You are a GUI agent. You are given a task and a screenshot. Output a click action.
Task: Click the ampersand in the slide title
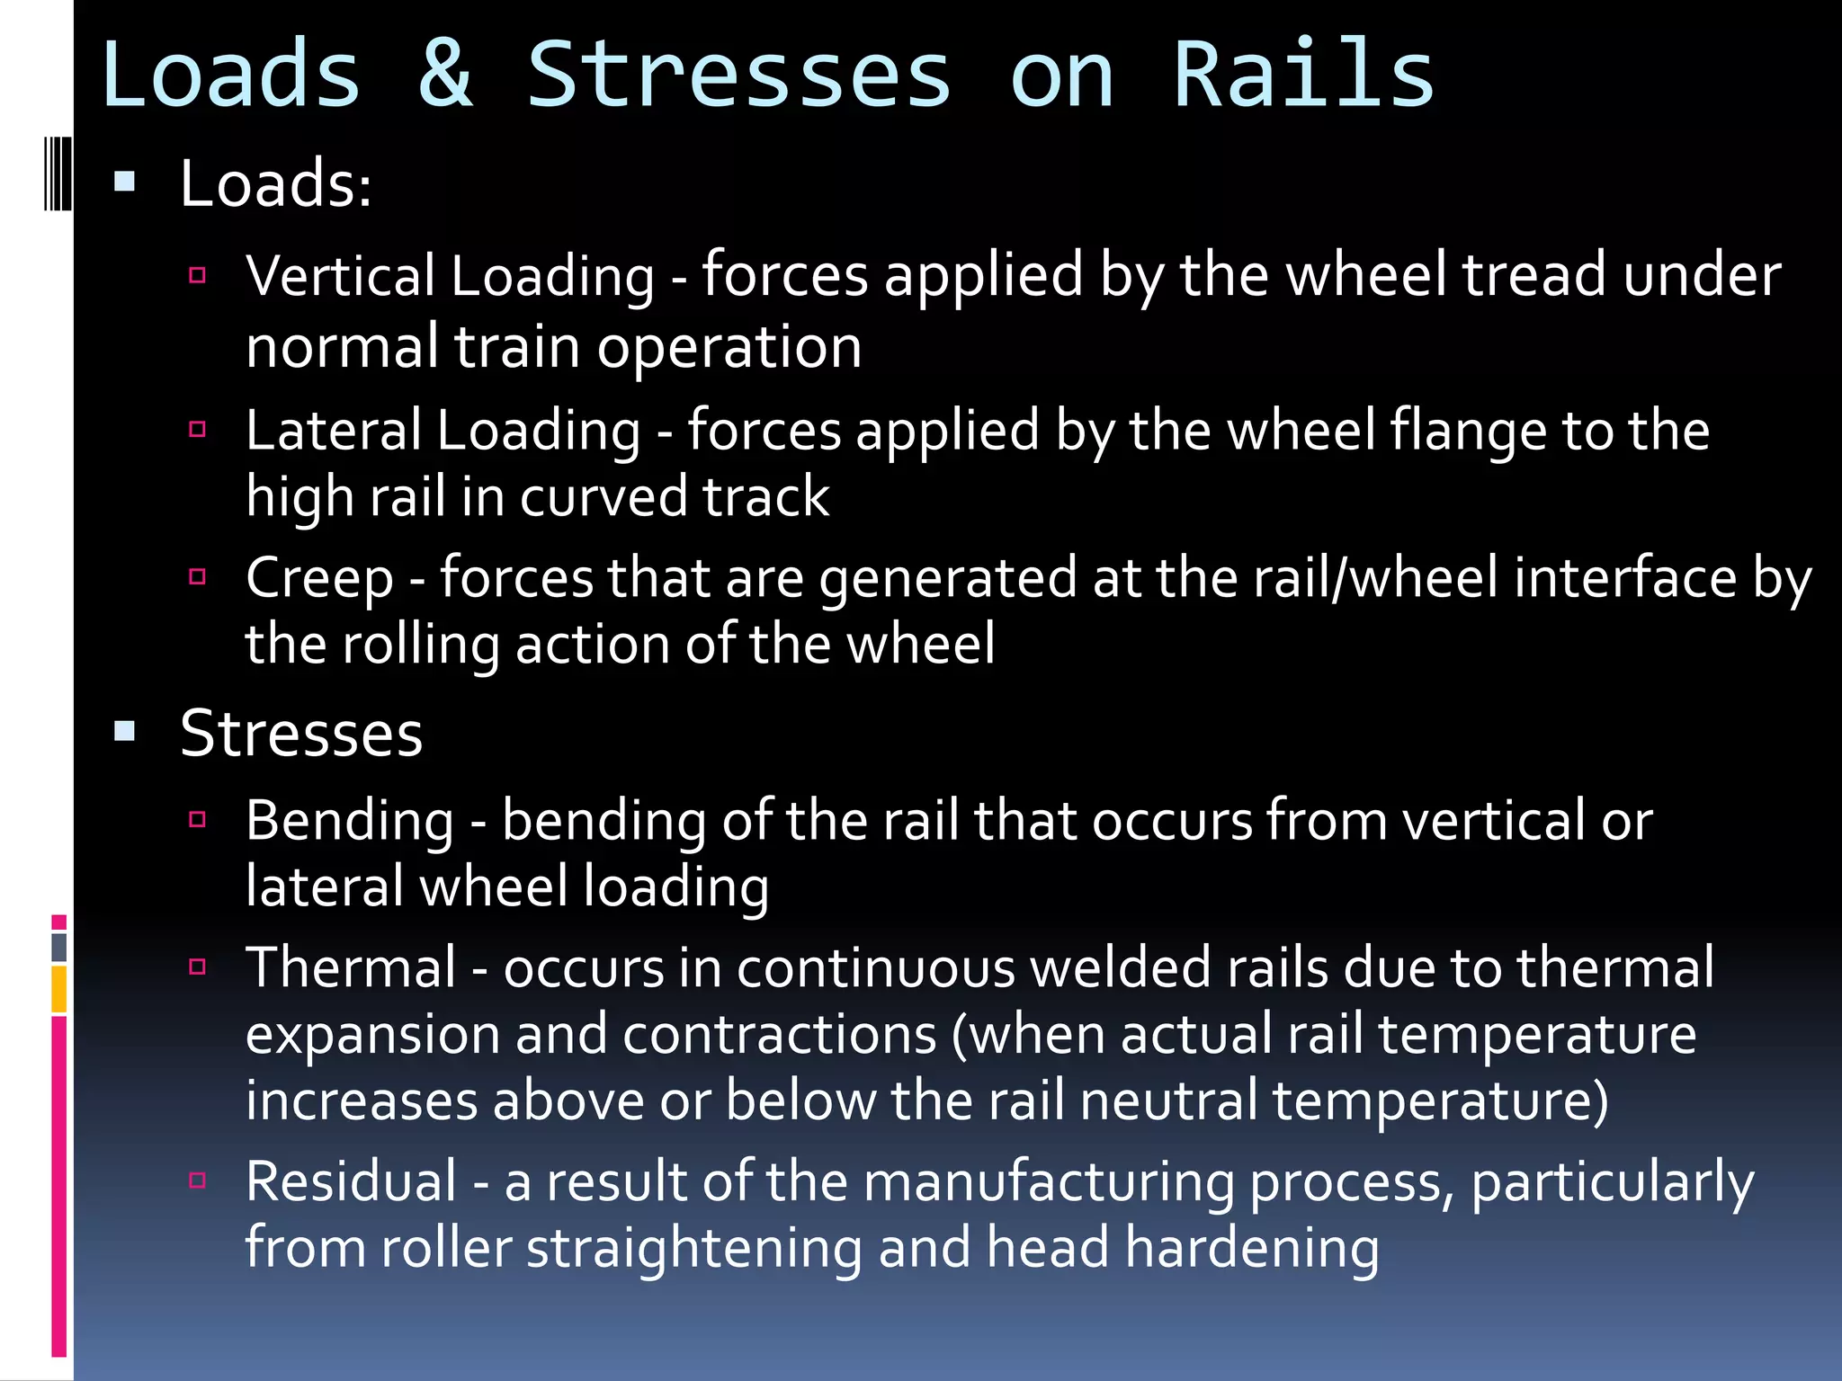[445, 74]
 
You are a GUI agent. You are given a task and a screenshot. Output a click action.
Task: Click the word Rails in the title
[1303, 74]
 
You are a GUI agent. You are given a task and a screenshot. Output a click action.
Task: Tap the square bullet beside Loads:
[125, 183]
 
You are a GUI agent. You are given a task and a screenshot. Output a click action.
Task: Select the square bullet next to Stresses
[125, 732]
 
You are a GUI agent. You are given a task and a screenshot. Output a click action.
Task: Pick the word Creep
[319, 577]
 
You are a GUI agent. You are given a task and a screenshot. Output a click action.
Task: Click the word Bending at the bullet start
[350, 821]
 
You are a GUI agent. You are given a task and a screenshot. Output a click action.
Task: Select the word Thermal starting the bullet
[351, 968]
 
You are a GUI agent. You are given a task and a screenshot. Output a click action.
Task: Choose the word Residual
[352, 1181]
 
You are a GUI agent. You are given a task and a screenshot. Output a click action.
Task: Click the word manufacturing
[1049, 1181]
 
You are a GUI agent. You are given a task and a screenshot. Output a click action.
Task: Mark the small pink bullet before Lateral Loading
[198, 430]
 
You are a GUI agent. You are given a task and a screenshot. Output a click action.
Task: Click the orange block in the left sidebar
[59, 989]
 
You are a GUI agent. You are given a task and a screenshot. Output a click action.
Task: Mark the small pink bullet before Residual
[198, 1181]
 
